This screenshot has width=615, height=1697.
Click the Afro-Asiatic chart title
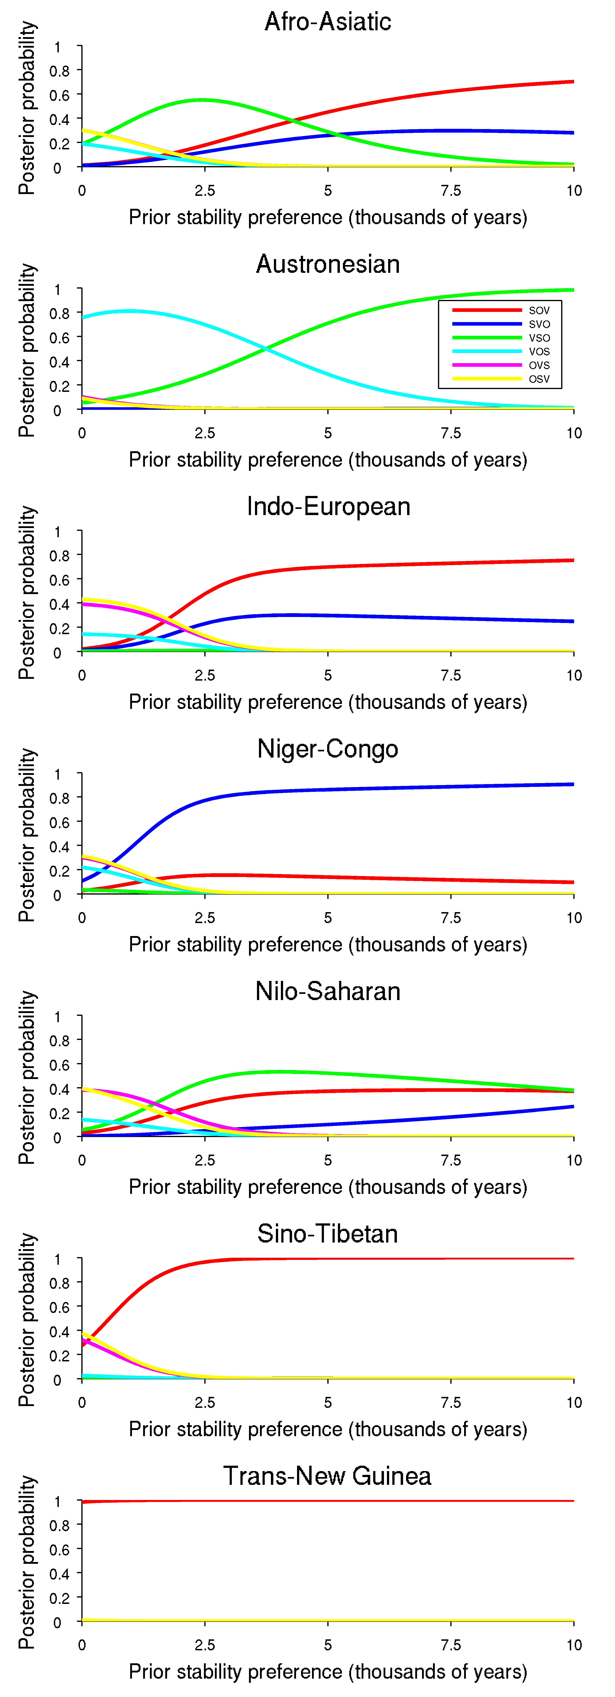tap(328, 22)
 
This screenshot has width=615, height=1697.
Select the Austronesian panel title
tap(328, 264)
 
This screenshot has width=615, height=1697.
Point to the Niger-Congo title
tap(328, 749)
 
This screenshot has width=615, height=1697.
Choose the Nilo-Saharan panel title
tap(328, 991)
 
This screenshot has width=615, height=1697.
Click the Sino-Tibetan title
tap(328, 1234)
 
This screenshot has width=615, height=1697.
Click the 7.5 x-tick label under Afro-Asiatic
tap(451, 191)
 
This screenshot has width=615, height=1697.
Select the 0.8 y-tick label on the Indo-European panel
tap(59, 556)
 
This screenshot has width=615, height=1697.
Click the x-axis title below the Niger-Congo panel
tap(328, 945)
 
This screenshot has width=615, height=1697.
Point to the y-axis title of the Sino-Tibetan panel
tap(27, 1320)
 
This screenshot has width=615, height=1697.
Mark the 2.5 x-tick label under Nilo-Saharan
tap(205, 1161)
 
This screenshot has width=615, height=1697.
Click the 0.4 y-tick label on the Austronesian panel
tap(59, 362)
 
